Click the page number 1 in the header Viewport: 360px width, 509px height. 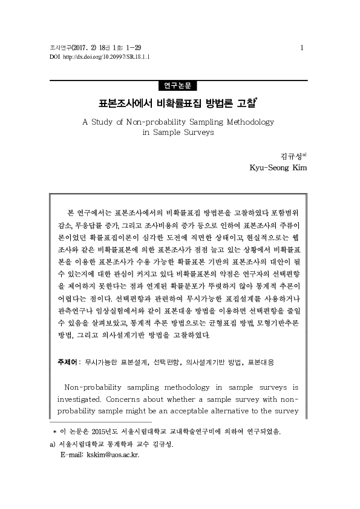[x=302, y=47]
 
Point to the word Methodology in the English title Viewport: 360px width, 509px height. [x=249, y=122]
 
